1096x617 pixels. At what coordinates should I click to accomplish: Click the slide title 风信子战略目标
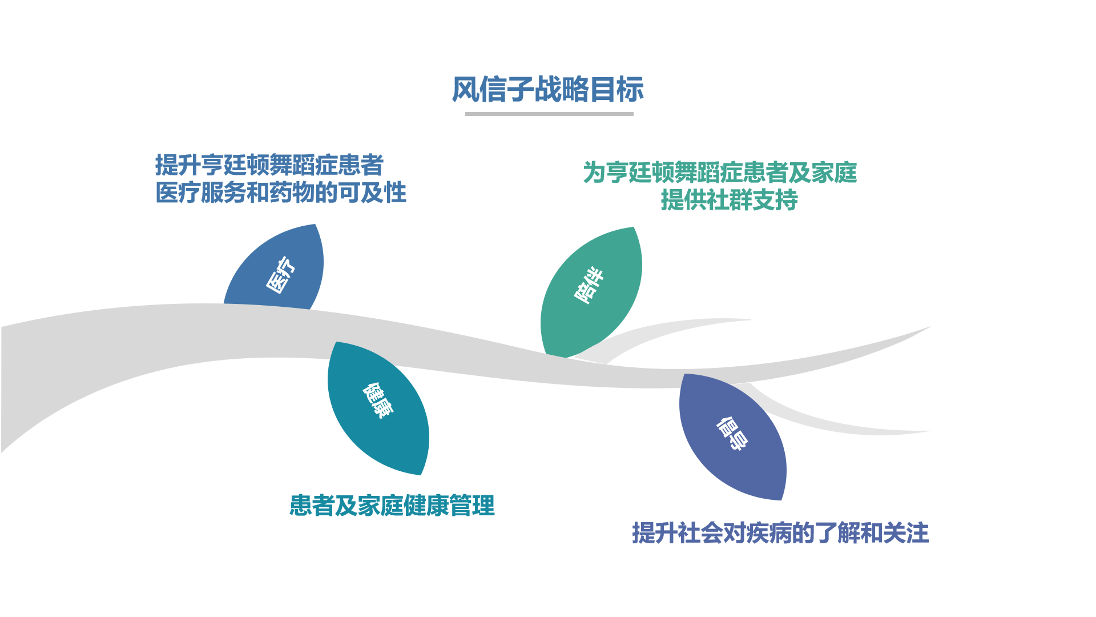pyautogui.click(x=547, y=90)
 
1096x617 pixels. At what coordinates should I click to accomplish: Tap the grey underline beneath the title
pyautogui.click(x=549, y=114)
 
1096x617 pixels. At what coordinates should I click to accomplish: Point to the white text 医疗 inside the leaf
pyautogui.click(x=281, y=275)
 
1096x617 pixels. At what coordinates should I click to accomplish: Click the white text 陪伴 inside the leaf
pyautogui.click(x=589, y=285)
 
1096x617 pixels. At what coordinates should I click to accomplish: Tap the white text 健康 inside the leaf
pyautogui.click(x=378, y=400)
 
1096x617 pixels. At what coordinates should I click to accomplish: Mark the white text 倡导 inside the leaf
pyautogui.click(x=732, y=434)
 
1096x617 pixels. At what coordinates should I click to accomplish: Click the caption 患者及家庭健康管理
pyautogui.click(x=392, y=506)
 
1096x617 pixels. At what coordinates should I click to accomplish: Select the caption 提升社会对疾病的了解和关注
pyautogui.click(x=780, y=533)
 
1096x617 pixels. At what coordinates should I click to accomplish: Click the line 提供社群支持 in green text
pyautogui.click(x=729, y=200)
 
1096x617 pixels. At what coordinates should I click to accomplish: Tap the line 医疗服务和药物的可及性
pyautogui.click(x=280, y=193)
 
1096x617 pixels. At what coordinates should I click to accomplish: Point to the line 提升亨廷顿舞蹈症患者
pyautogui.click(x=269, y=165)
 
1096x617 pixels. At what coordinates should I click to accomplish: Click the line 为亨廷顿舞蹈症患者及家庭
pyautogui.click(x=719, y=173)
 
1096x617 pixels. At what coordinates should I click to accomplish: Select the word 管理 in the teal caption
pyautogui.click(x=472, y=506)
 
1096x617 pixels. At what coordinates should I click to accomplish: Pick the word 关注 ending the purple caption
pyautogui.click(x=906, y=533)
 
